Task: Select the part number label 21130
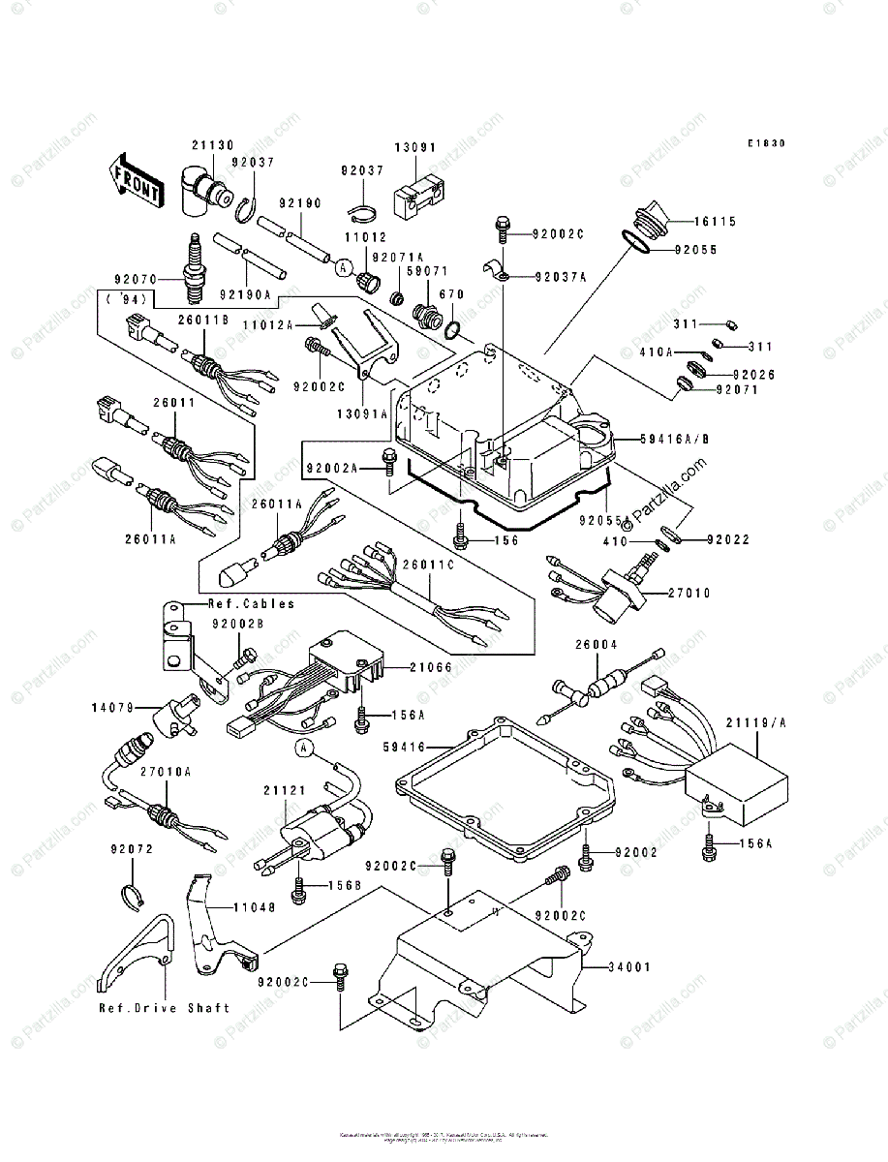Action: (212, 145)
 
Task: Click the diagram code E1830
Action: (765, 143)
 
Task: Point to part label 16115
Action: (715, 222)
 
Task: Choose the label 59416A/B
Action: (674, 438)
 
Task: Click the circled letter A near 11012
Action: (343, 263)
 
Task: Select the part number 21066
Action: (429, 667)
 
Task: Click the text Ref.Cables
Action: (252, 603)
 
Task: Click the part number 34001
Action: (629, 966)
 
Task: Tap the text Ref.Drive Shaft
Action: (165, 1008)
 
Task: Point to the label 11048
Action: (254, 907)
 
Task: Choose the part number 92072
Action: (131, 849)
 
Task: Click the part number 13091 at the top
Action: (414, 147)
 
